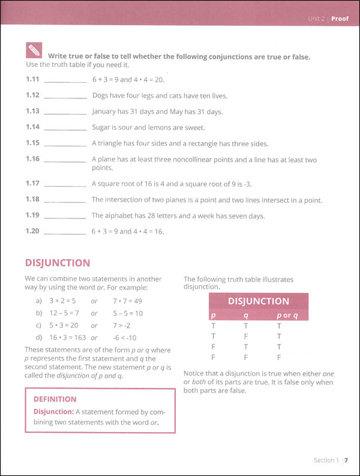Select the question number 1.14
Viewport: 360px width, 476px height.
(x=33, y=127)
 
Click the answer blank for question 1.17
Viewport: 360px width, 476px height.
(x=65, y=184)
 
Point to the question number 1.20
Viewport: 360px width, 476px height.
(x=33, y=231)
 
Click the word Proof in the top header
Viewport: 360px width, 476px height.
(x=340, y=19)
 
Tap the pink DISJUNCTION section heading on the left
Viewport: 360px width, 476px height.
(x=58, y=263)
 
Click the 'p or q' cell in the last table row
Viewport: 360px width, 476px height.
(x=278, y=357)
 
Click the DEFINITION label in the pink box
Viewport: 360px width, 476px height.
(x=55, y=399)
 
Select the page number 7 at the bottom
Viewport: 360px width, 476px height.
(x=347, y=461)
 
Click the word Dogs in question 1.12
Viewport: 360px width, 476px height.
(x=101, y=95)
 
